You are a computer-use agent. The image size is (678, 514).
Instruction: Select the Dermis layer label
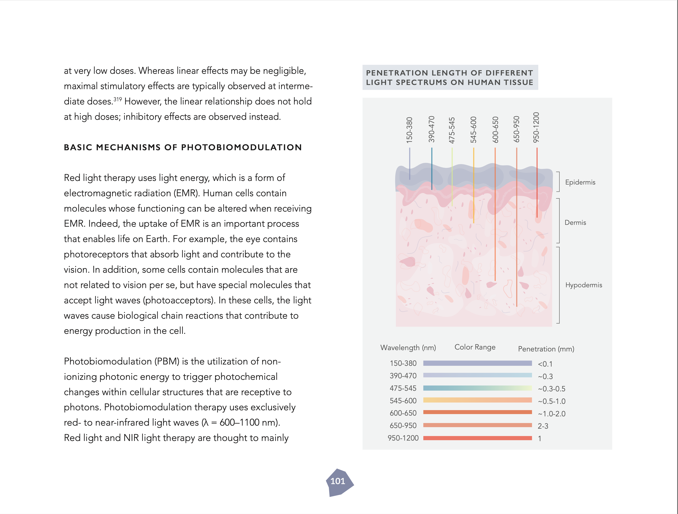(x=575, y=223)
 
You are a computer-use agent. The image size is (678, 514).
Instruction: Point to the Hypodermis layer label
(x=583, y=285)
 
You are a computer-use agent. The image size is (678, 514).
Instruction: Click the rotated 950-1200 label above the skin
(x=536, y=127)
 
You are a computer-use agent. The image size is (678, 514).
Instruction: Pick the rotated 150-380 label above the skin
(x=409, y=130)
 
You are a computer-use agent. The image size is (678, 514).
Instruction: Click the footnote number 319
(x=118, y=99)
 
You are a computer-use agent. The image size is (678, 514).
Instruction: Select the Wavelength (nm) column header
(x=408, y=348)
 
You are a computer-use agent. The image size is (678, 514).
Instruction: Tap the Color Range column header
(x=475, y=347)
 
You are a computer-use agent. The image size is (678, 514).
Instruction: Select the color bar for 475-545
(x=477, y=388)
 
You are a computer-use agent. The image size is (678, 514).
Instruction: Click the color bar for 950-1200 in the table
(x=477, y=438)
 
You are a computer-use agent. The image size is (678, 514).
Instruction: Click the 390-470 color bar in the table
(x=477, y=375)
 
